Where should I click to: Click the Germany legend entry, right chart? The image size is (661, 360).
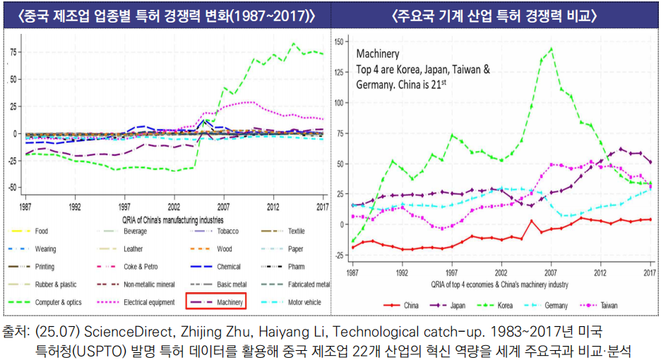coord(557,305)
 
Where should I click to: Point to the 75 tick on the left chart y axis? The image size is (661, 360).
coord(14,52)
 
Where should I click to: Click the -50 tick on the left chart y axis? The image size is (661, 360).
coord(13,188)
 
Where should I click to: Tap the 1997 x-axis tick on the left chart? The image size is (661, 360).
coord(125,208)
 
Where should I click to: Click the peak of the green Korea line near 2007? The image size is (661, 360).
coord(551,49)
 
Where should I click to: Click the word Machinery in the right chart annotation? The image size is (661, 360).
coord(378,54)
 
